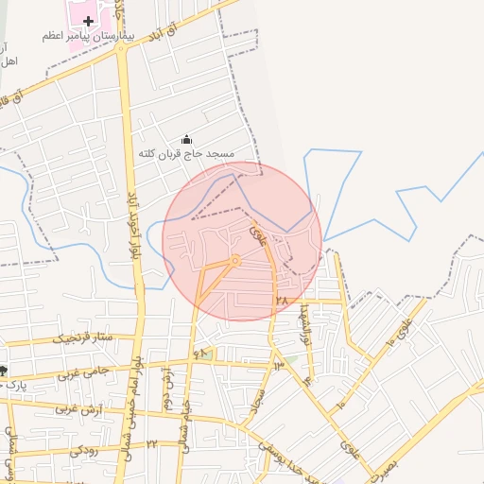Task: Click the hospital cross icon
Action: coord(89,20)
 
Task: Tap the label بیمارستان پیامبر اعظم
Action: coord(89,36)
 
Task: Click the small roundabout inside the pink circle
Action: coord(235,260)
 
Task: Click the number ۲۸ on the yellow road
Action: coord(280,300)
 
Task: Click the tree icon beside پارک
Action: coord(4,371)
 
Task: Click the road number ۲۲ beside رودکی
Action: coord(151,443)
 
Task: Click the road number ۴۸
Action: coord(199,354)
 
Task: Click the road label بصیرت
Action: coord(399,463)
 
